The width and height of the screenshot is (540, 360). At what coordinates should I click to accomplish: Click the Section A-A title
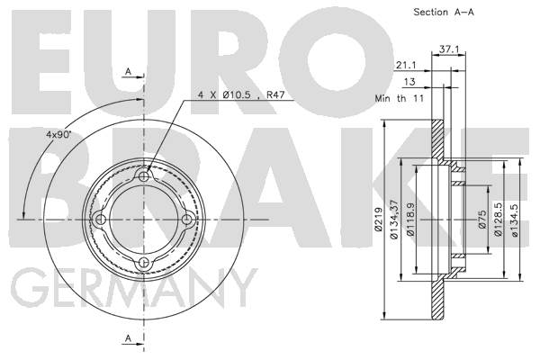tap(444, 12)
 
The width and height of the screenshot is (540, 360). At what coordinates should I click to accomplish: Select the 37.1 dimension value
tap(449, 49)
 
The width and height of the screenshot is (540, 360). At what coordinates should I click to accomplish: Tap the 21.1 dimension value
tap(406, 65)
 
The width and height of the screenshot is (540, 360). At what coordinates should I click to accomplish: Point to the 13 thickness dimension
tap(409, 82)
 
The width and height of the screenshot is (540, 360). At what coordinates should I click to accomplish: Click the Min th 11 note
tap(399, 98)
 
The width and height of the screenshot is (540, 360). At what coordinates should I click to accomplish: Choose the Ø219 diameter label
tap(378, 219)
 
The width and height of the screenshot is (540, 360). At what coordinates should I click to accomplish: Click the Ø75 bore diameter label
tap(482, 219)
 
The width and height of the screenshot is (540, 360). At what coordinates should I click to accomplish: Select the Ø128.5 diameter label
tap(498, 219)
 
